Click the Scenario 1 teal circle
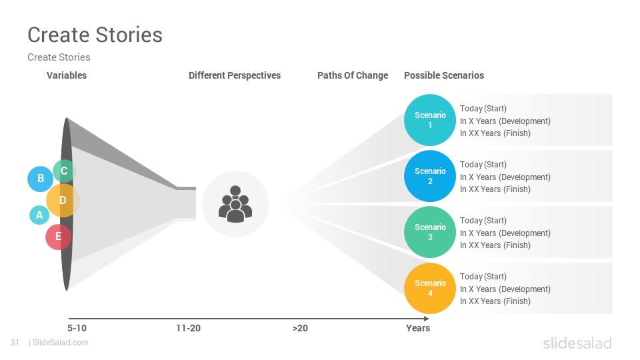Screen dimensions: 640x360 (430, 120)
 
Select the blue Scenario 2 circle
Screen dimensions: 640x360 (430, 176)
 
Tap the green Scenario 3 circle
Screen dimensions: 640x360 (430, 232)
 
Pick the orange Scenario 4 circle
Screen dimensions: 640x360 (430, 288)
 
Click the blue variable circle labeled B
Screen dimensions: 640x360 (40, 179)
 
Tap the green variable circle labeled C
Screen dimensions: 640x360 (64, 171)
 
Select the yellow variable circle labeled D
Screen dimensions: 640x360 (63, 201)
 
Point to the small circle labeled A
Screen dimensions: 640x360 (39, 215)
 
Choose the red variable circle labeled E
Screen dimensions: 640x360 (59, 237)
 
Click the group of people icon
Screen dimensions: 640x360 (235, 204)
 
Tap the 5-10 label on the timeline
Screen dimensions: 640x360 (77, 328)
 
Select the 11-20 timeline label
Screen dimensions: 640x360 (188, 328)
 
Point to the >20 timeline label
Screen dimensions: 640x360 (300, 328)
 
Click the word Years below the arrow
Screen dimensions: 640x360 (418, 328)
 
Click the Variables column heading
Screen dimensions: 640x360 (67, 75)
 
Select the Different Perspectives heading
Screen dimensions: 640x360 (235, 75)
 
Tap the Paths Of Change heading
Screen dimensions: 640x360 (353, 75)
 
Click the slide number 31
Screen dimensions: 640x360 (15, 343)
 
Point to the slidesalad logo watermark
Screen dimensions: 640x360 (577, 343)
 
